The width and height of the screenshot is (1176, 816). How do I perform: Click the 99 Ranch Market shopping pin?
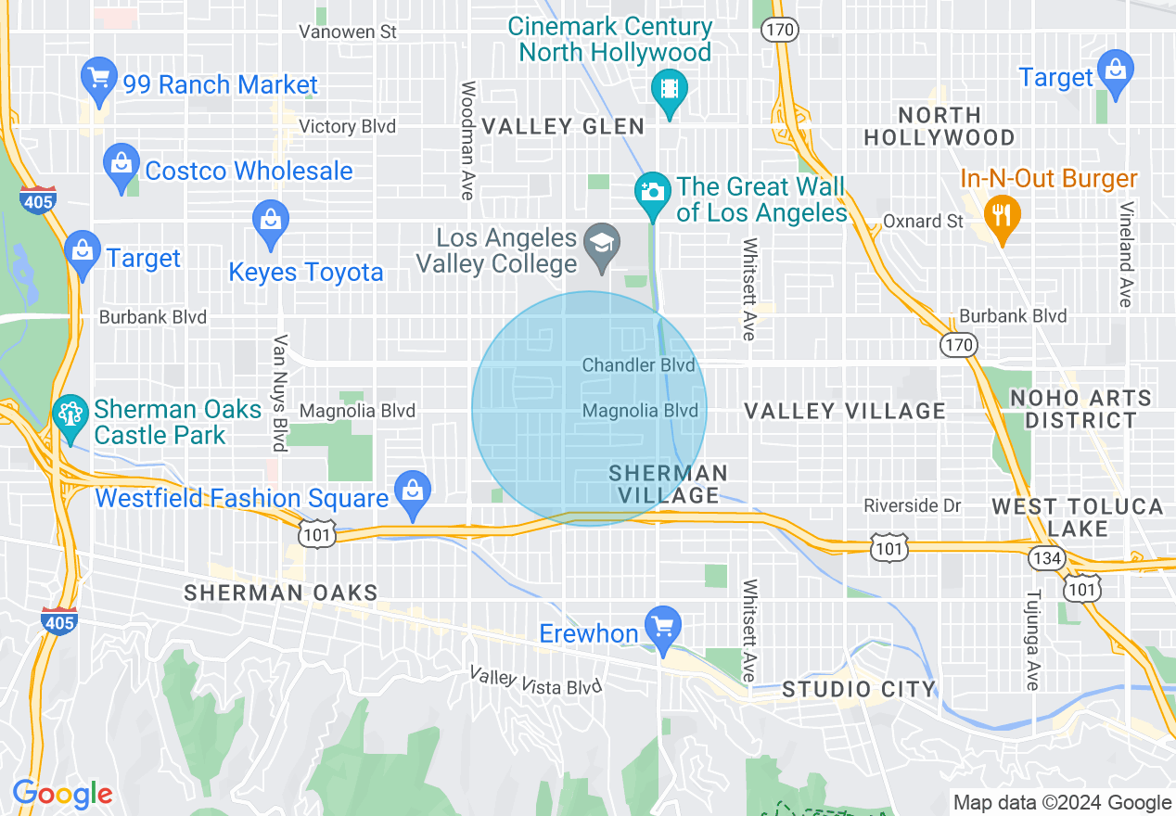pyautogui.click(x=99, y=81)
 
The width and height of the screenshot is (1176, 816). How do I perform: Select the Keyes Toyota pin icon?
pyautogui.click(x=271, y=223)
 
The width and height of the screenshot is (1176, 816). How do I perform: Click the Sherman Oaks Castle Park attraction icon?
pyautogui.click(x=70, y=414)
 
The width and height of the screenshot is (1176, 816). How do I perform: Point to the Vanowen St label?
pyautogui.click(x=348, y=32)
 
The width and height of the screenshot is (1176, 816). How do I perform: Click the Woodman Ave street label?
pyautogui.click(x=467, y=140)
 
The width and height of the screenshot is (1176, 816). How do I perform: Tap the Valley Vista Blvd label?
pyautogui.click(x=536, y=682)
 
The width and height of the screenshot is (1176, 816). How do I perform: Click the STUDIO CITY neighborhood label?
pyautogui.click(x=858, y=689)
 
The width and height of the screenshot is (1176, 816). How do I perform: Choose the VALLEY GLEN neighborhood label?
pyautogui.click(x=563, y=126)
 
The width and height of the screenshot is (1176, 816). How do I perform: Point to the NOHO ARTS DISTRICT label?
pyautogui.click(x=1080, y=409)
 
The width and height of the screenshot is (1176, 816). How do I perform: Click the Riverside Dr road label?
pyautogui.click(x=912, y=505)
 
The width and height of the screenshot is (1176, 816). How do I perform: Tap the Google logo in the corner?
pyautogui.click(x=62, y=794)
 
